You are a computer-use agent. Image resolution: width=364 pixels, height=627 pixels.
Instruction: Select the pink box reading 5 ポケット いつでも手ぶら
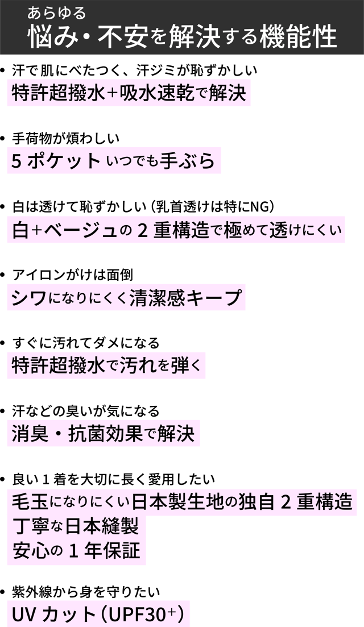[114, 162]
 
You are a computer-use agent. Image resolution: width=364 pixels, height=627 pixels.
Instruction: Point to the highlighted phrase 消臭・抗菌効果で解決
[103, 434]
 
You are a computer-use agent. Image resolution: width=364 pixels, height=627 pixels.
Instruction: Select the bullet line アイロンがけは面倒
[72, 275]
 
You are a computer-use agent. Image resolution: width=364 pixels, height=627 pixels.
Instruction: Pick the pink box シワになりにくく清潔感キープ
[126, 298]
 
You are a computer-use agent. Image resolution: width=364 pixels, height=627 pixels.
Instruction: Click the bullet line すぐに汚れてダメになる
[85, 343]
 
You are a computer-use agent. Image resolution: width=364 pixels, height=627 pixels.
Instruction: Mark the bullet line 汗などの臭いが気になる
[85, 411]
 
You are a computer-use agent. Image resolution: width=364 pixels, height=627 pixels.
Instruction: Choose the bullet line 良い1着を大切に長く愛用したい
[113, 479]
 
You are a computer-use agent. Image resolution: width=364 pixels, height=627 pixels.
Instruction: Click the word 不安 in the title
[123, 37]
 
